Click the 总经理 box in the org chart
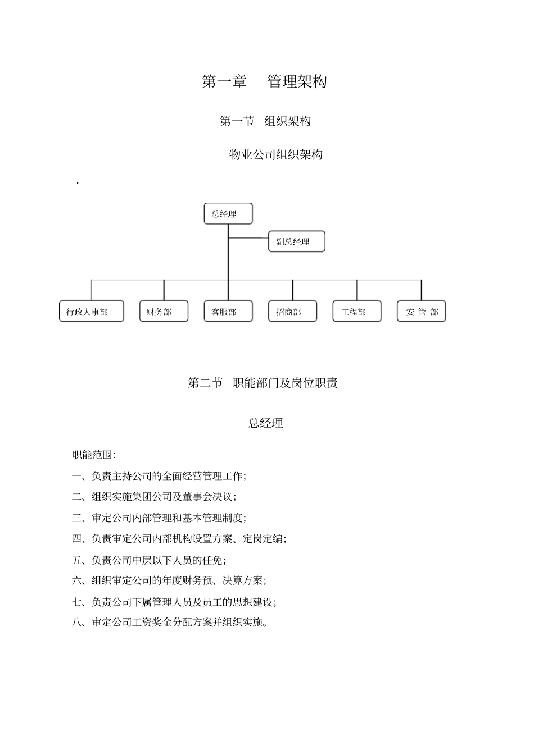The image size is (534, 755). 228,214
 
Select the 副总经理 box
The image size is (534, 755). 296,241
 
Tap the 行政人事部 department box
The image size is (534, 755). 91,312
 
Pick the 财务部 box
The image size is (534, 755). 164,312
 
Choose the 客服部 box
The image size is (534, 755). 228,312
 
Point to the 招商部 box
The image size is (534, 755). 292,312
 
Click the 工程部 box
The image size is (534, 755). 357,312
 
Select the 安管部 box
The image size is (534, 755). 422,312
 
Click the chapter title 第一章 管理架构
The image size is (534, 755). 264,81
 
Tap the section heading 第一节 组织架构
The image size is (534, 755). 265,121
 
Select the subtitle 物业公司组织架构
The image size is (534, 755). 275,154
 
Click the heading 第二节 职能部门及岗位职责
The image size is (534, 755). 263,383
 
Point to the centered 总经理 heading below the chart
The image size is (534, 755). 265,423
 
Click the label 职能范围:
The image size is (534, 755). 94,455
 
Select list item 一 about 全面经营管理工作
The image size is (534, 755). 159,476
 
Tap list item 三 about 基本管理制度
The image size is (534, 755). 159,518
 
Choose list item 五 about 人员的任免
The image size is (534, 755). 149,560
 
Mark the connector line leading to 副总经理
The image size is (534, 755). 248,238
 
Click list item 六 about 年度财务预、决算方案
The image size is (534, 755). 169,580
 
